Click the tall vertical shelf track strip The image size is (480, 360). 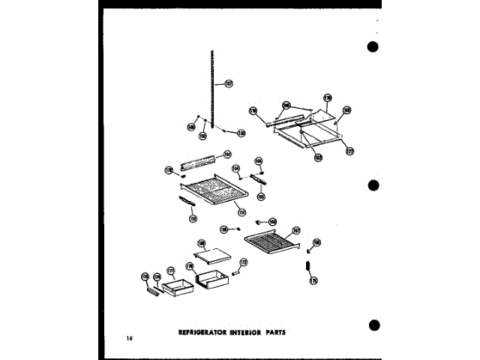pos(213,82)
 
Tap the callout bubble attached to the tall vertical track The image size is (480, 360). pos(229,83)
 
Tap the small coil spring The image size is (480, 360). pos(307,267)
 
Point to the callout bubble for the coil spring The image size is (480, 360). pos(313,280)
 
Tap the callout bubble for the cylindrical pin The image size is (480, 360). pos(243,262)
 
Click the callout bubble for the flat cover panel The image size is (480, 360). pos(202,244)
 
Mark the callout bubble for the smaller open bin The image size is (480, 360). pos(170,269)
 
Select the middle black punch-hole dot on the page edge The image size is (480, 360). pos(373,187)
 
